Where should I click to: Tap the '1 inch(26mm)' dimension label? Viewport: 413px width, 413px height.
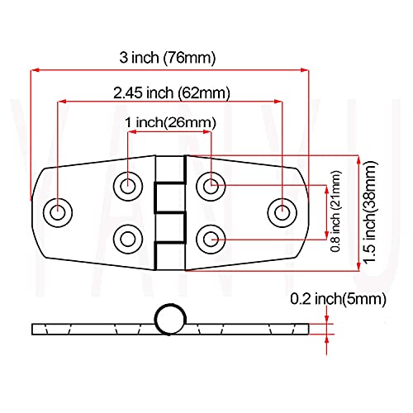point(170,122)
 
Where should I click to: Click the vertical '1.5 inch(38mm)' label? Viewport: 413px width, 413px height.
point(373,213)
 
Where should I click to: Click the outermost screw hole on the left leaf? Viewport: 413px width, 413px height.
point(58,211)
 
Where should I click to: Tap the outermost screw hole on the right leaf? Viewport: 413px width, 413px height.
point(282,211)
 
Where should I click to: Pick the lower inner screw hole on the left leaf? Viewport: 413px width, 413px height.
point(126,240)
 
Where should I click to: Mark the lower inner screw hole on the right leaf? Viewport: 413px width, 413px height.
point(212,240)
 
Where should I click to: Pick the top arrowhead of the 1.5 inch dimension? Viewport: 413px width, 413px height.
point(358,159)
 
